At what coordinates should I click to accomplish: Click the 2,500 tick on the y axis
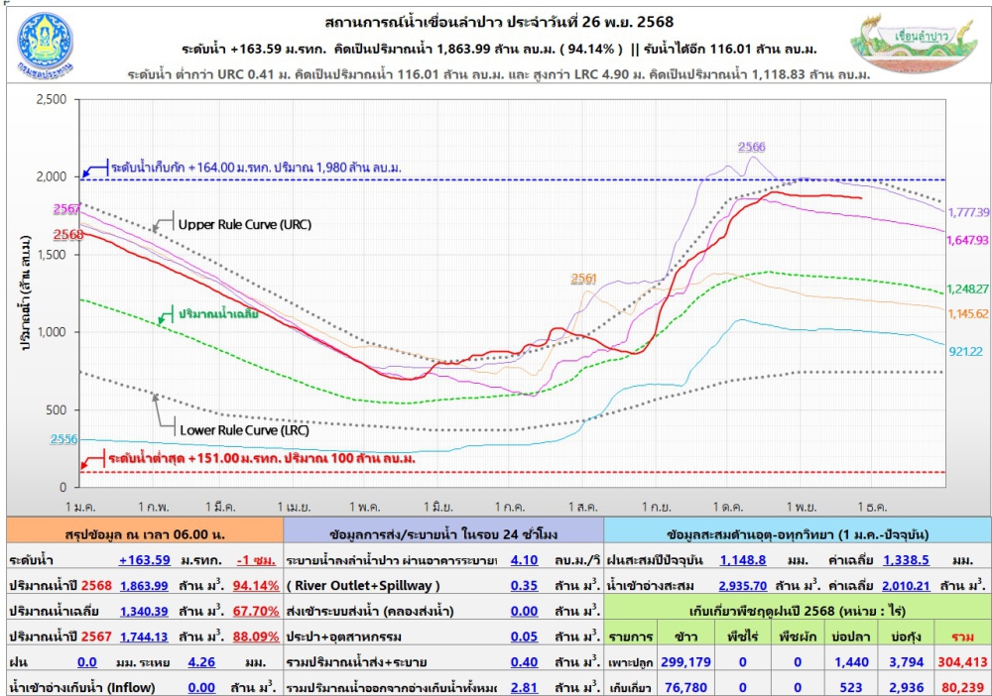[50, 99]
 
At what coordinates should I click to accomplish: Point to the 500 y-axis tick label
[56, 410]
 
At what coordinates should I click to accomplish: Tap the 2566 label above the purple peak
[752, 147]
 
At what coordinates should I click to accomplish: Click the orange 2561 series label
[584, 278]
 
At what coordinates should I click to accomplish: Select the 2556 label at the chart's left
[65, 439]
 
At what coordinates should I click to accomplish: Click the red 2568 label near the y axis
[67, 235]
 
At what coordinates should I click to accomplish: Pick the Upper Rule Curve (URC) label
[244, 225]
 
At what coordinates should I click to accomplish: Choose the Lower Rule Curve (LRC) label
[243, 431]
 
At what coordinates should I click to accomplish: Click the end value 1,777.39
[968, 212]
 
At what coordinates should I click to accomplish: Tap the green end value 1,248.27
[968, 290]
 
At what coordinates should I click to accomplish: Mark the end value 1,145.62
[968, 314]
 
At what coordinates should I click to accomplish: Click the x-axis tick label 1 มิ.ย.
[436, 506]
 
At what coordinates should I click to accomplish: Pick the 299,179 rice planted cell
[684, 661]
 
